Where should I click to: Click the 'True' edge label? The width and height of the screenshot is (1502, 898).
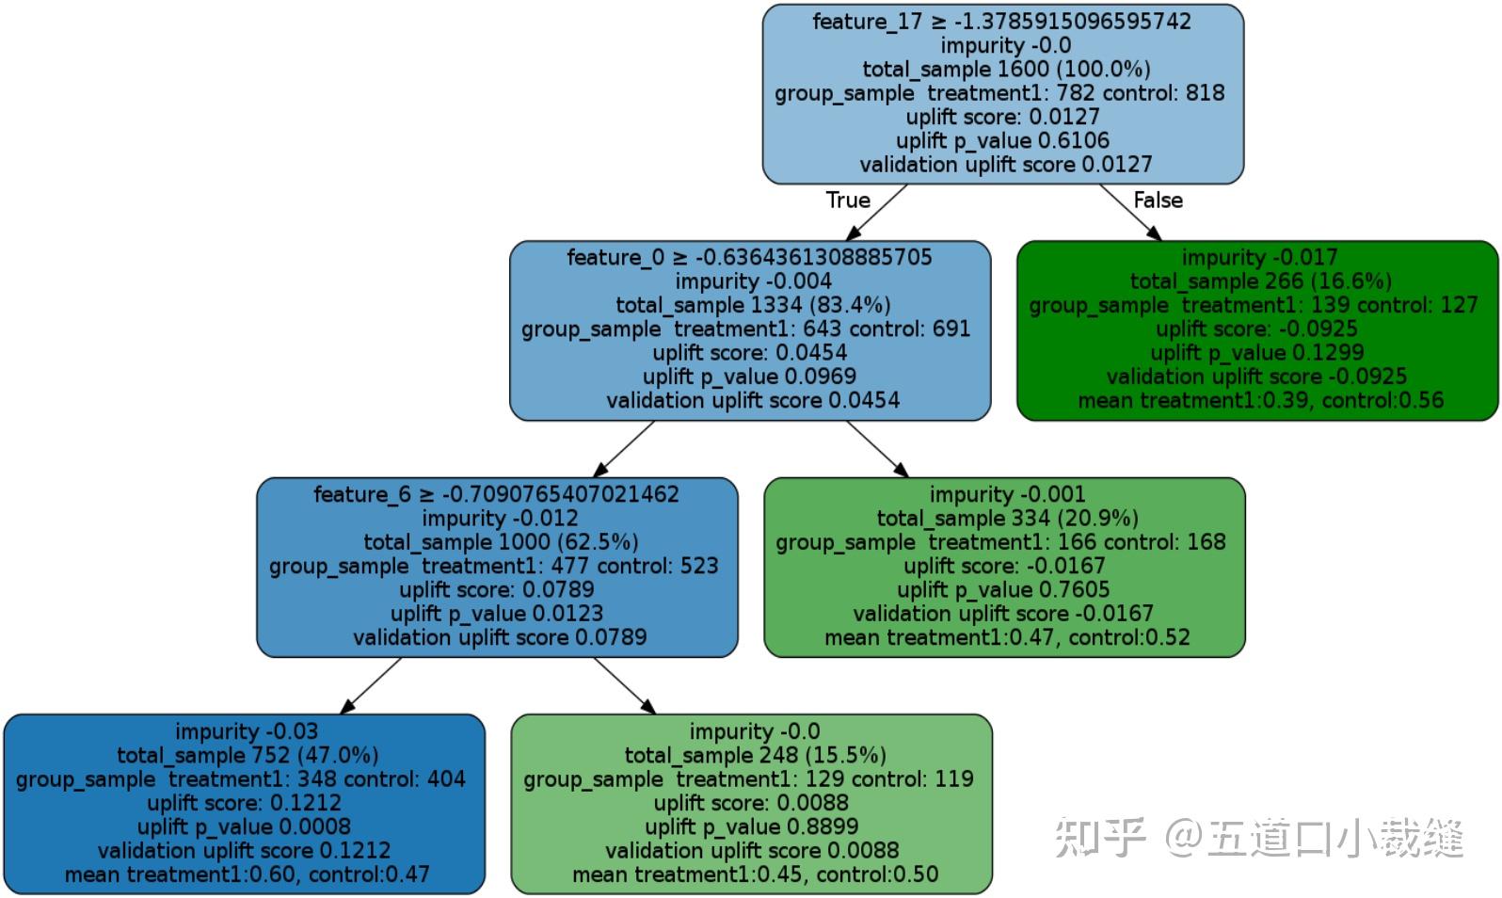pyautogui.click(x=848, y=200)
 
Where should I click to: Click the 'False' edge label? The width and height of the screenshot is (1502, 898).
pyautogui.click(x=1158, y=200)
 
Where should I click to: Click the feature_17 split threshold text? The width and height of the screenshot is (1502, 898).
pyautogui.click(x=1002, y=22)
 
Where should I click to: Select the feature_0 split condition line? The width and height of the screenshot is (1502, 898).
pyautogui.click(x=749, y=258)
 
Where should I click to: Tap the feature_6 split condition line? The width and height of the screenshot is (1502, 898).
pyautogui.click(x=496, y=494)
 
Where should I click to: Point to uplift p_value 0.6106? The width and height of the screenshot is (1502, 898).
pyautogui.click(x=1002, y=140)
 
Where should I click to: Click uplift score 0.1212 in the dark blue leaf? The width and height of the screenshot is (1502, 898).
pyautogui.click(x=244, y=803)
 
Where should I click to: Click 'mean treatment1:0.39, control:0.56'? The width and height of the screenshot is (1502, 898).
pyautogui.click(x=1260, y=400)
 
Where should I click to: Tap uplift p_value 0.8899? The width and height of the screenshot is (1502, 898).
pyautogui.click(x=751, y=826)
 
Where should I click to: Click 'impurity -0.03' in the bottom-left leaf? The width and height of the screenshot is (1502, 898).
pyautogui.click(x=246, y=731)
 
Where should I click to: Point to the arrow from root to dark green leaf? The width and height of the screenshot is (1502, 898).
pyautogui.click(x=1129, y=213)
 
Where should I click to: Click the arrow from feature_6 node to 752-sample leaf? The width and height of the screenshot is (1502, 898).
pyautogui.click(x=371, y=685)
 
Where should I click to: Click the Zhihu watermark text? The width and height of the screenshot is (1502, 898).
pyautogui.click(x=1258, y=837)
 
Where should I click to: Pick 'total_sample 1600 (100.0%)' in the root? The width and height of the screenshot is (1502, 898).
pyautogui.click(x=1006, y=69)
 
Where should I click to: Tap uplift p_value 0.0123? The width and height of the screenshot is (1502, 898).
pyautogui.click(x=497, y=614)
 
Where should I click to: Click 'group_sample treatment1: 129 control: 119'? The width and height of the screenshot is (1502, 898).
pyautogui.click(x=748, y=779)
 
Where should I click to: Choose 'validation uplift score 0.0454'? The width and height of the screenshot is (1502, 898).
pyautogui.click(x=752, y=400)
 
